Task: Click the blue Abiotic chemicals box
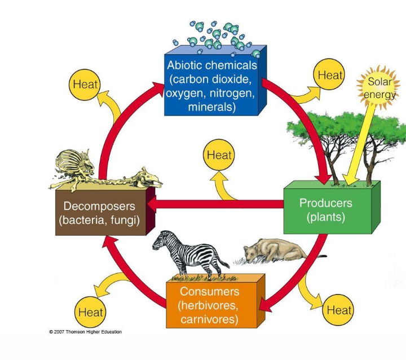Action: (211, 85)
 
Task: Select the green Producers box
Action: (325, 209)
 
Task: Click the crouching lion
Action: (271, 251)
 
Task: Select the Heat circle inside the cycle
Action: (219, 155)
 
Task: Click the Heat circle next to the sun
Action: (330, 75)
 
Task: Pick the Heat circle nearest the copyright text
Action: (90, 311)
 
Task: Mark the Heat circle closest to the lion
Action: (339, 309)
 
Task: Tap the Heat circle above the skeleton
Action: (85, 85)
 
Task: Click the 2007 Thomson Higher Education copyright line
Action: (85, 332)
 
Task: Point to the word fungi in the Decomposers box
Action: (123, 220)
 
